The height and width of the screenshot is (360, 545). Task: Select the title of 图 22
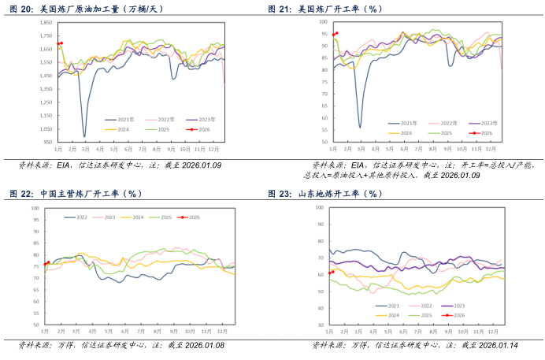pyautogui.click(x=75, y=194)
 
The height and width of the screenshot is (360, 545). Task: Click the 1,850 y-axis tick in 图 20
pyautogui.click(x=45, y=23)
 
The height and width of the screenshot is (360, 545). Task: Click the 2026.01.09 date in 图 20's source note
pyautogui.click(x=202, y=165)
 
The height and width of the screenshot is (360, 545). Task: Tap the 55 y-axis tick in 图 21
pyautogui.click(x=324, y=128)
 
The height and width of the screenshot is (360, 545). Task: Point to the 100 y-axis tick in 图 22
pyautogui.click(x=35, y=208)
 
